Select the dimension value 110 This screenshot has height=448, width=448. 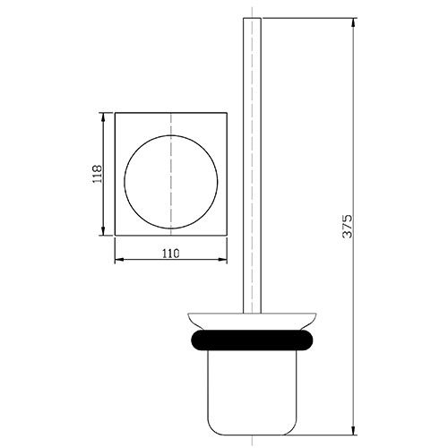click(x=170, y=254)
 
